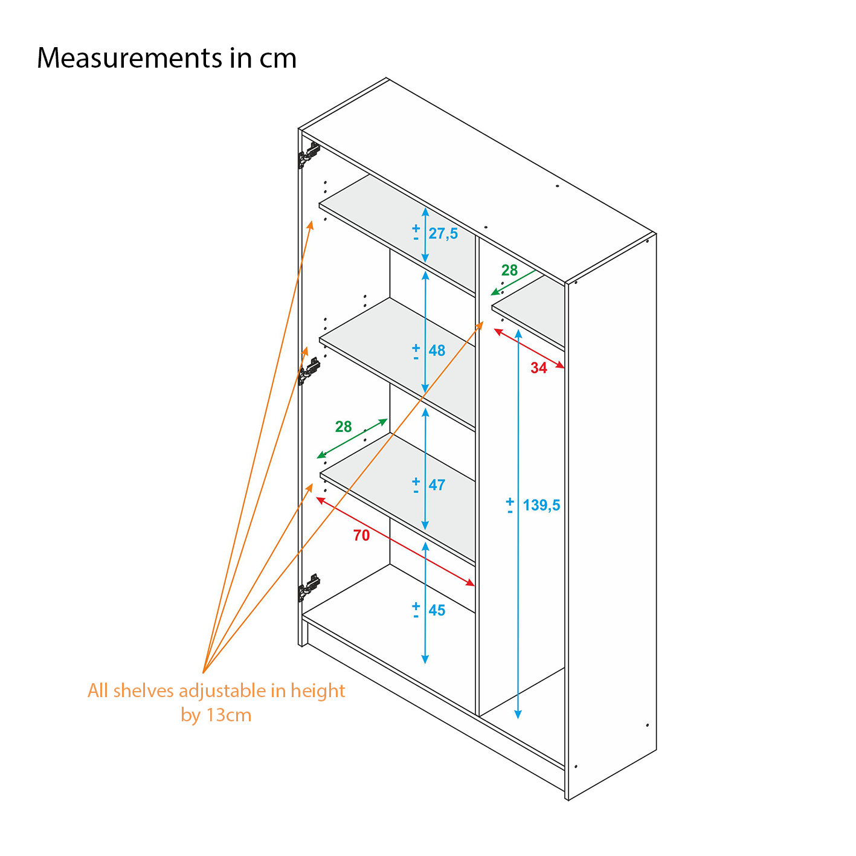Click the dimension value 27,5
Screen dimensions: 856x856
443,234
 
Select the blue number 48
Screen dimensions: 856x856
437,350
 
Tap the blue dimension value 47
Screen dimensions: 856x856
437,485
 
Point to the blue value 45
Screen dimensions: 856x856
437,611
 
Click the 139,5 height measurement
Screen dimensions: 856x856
541,505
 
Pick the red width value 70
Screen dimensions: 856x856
361,536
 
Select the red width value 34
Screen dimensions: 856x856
538,368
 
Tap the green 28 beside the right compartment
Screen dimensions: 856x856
509,271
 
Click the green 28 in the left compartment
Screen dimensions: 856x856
343,427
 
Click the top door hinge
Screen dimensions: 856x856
309,155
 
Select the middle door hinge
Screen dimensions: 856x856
309,371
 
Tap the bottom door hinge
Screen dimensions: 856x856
309,587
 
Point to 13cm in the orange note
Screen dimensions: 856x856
228,715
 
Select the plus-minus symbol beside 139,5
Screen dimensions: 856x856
510,506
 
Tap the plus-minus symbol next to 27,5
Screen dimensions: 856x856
416,233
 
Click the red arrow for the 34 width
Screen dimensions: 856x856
529,349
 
